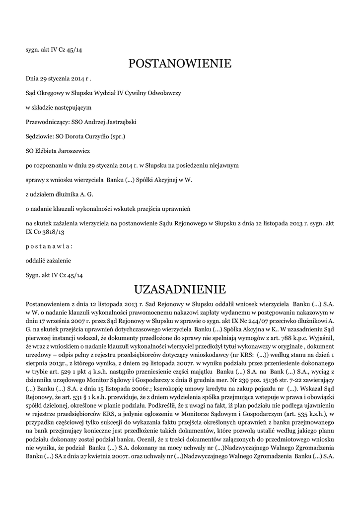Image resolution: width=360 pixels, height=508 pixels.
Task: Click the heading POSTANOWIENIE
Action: pos(180,64)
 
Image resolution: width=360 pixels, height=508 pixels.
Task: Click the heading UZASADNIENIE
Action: pos(180,289)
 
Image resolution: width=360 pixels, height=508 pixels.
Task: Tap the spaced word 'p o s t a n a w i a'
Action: pos(49,247)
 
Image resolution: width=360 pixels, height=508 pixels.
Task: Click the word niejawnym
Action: pos(223,164)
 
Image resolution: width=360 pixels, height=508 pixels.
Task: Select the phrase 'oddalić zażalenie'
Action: pos(48,260)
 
